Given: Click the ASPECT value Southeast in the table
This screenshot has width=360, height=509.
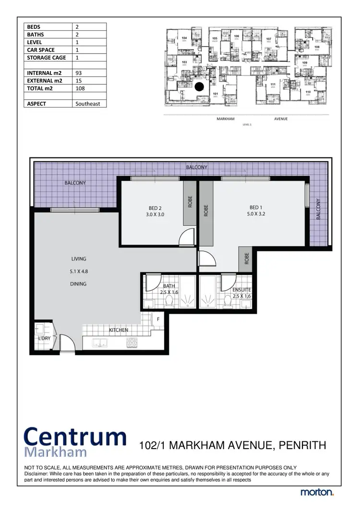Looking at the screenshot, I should click(x=91, y=103).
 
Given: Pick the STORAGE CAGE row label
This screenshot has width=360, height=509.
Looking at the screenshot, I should click(x=47, y=58).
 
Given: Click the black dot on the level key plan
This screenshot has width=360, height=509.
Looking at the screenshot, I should click(x=199, y=86).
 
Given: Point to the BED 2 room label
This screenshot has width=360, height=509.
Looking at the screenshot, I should click(x=155, y=208).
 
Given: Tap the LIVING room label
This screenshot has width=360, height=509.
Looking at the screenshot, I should click(x=78, y=259).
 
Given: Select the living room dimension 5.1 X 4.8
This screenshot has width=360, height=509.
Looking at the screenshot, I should click(x=78, y=272).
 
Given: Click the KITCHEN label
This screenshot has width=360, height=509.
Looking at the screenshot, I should click(x=119, y=330).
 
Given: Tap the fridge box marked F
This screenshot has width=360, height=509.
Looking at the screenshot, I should click(x=158, y=318).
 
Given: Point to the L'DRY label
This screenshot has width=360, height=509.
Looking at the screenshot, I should click(x=45, y=338).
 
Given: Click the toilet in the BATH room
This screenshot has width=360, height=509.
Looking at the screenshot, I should click(x=169, y=300).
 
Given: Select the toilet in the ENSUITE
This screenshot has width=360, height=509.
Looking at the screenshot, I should click(x=228, y=300).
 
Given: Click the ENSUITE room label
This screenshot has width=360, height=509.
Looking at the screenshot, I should click(x=241, y=290).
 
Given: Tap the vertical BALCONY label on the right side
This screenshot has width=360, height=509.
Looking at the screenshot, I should click(x=318, y=209).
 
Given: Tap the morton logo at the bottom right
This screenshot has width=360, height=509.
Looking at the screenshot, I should click(x=317, y=492).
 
